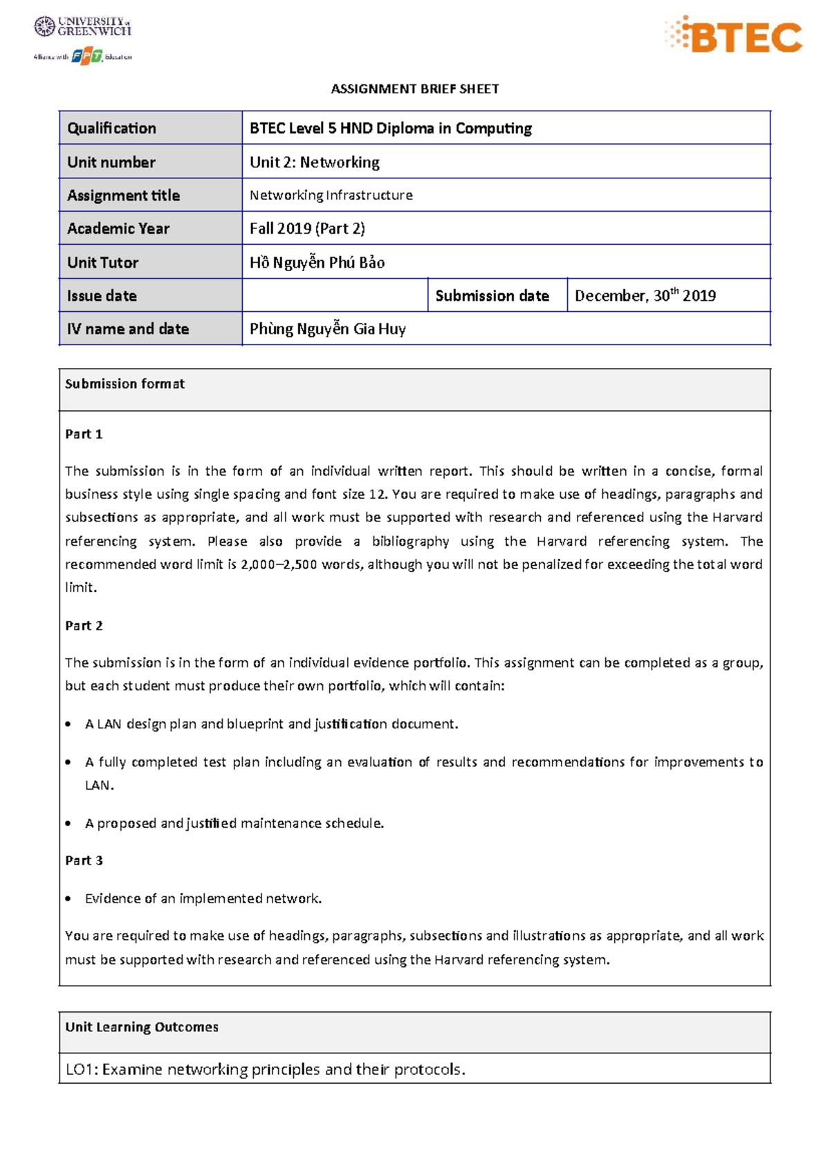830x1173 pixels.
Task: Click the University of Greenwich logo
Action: [x=82, y=27]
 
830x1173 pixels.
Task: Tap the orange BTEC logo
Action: [x=734, y=35]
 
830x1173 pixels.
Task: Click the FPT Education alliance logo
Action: [x=83, y=56]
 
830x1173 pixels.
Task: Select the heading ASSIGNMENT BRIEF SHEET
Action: [x=414, y=89]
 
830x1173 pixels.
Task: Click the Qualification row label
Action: [x=111, y=128]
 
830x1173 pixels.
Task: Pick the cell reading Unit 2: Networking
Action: [x=315, y=162]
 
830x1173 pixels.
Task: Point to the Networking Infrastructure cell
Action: [x=331, y=195]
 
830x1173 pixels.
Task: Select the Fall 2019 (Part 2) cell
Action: [x=307, y=228]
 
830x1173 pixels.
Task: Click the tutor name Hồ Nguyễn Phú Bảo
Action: [x=317, y=262]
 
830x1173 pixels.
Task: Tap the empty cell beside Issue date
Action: [x=335, y=295]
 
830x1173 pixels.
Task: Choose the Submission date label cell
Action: [x=492, y=295]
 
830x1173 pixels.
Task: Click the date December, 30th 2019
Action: [x=645, y=295]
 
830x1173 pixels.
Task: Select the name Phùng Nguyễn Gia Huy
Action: [x=327, y=329]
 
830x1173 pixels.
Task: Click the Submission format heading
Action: [x=124, y=384]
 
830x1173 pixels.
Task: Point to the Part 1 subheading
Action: [x=84, y=434]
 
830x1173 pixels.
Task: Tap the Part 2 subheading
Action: [x=84, y=626]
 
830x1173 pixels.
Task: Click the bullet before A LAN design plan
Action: [x=68, y=724]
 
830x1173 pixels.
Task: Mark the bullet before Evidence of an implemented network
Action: [x=68, y=899]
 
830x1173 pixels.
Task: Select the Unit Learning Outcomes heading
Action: [x=141, y=1027]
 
